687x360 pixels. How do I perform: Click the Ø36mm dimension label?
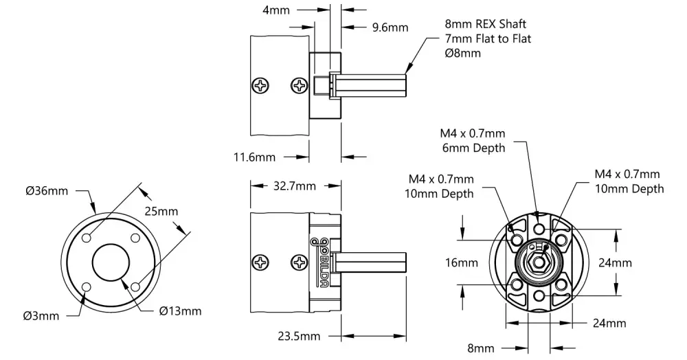tap(47, 191)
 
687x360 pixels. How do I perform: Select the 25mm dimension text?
tap(161, 212)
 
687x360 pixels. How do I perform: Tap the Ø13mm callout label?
tap(181, 311)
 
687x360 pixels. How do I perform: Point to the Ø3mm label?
tap(41, 316)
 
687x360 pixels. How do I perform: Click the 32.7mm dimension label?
tap(295, 186)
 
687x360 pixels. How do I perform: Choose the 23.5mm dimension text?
tap(299, 337)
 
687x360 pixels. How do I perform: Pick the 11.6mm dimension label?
tap(255, 157)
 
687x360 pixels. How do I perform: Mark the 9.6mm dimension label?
tap(390, 27)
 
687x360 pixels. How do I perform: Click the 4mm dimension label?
tap(276, 10)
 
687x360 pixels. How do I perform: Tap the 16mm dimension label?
tap(462, 262)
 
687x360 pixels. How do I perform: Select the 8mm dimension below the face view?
tap(481, 348)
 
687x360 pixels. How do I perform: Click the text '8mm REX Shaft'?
tap(486, 23)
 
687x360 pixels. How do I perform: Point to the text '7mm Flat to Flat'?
tap(488, 38)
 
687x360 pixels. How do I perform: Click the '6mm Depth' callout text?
tap(473, 148)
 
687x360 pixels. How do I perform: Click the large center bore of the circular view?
tap(111, 262)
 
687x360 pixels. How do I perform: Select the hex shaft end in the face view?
tap(539, 262)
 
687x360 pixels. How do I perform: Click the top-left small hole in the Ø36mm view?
tap(87, 238)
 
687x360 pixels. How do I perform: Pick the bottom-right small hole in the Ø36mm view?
tap(135, 287)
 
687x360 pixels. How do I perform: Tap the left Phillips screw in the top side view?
tap(260, 85)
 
